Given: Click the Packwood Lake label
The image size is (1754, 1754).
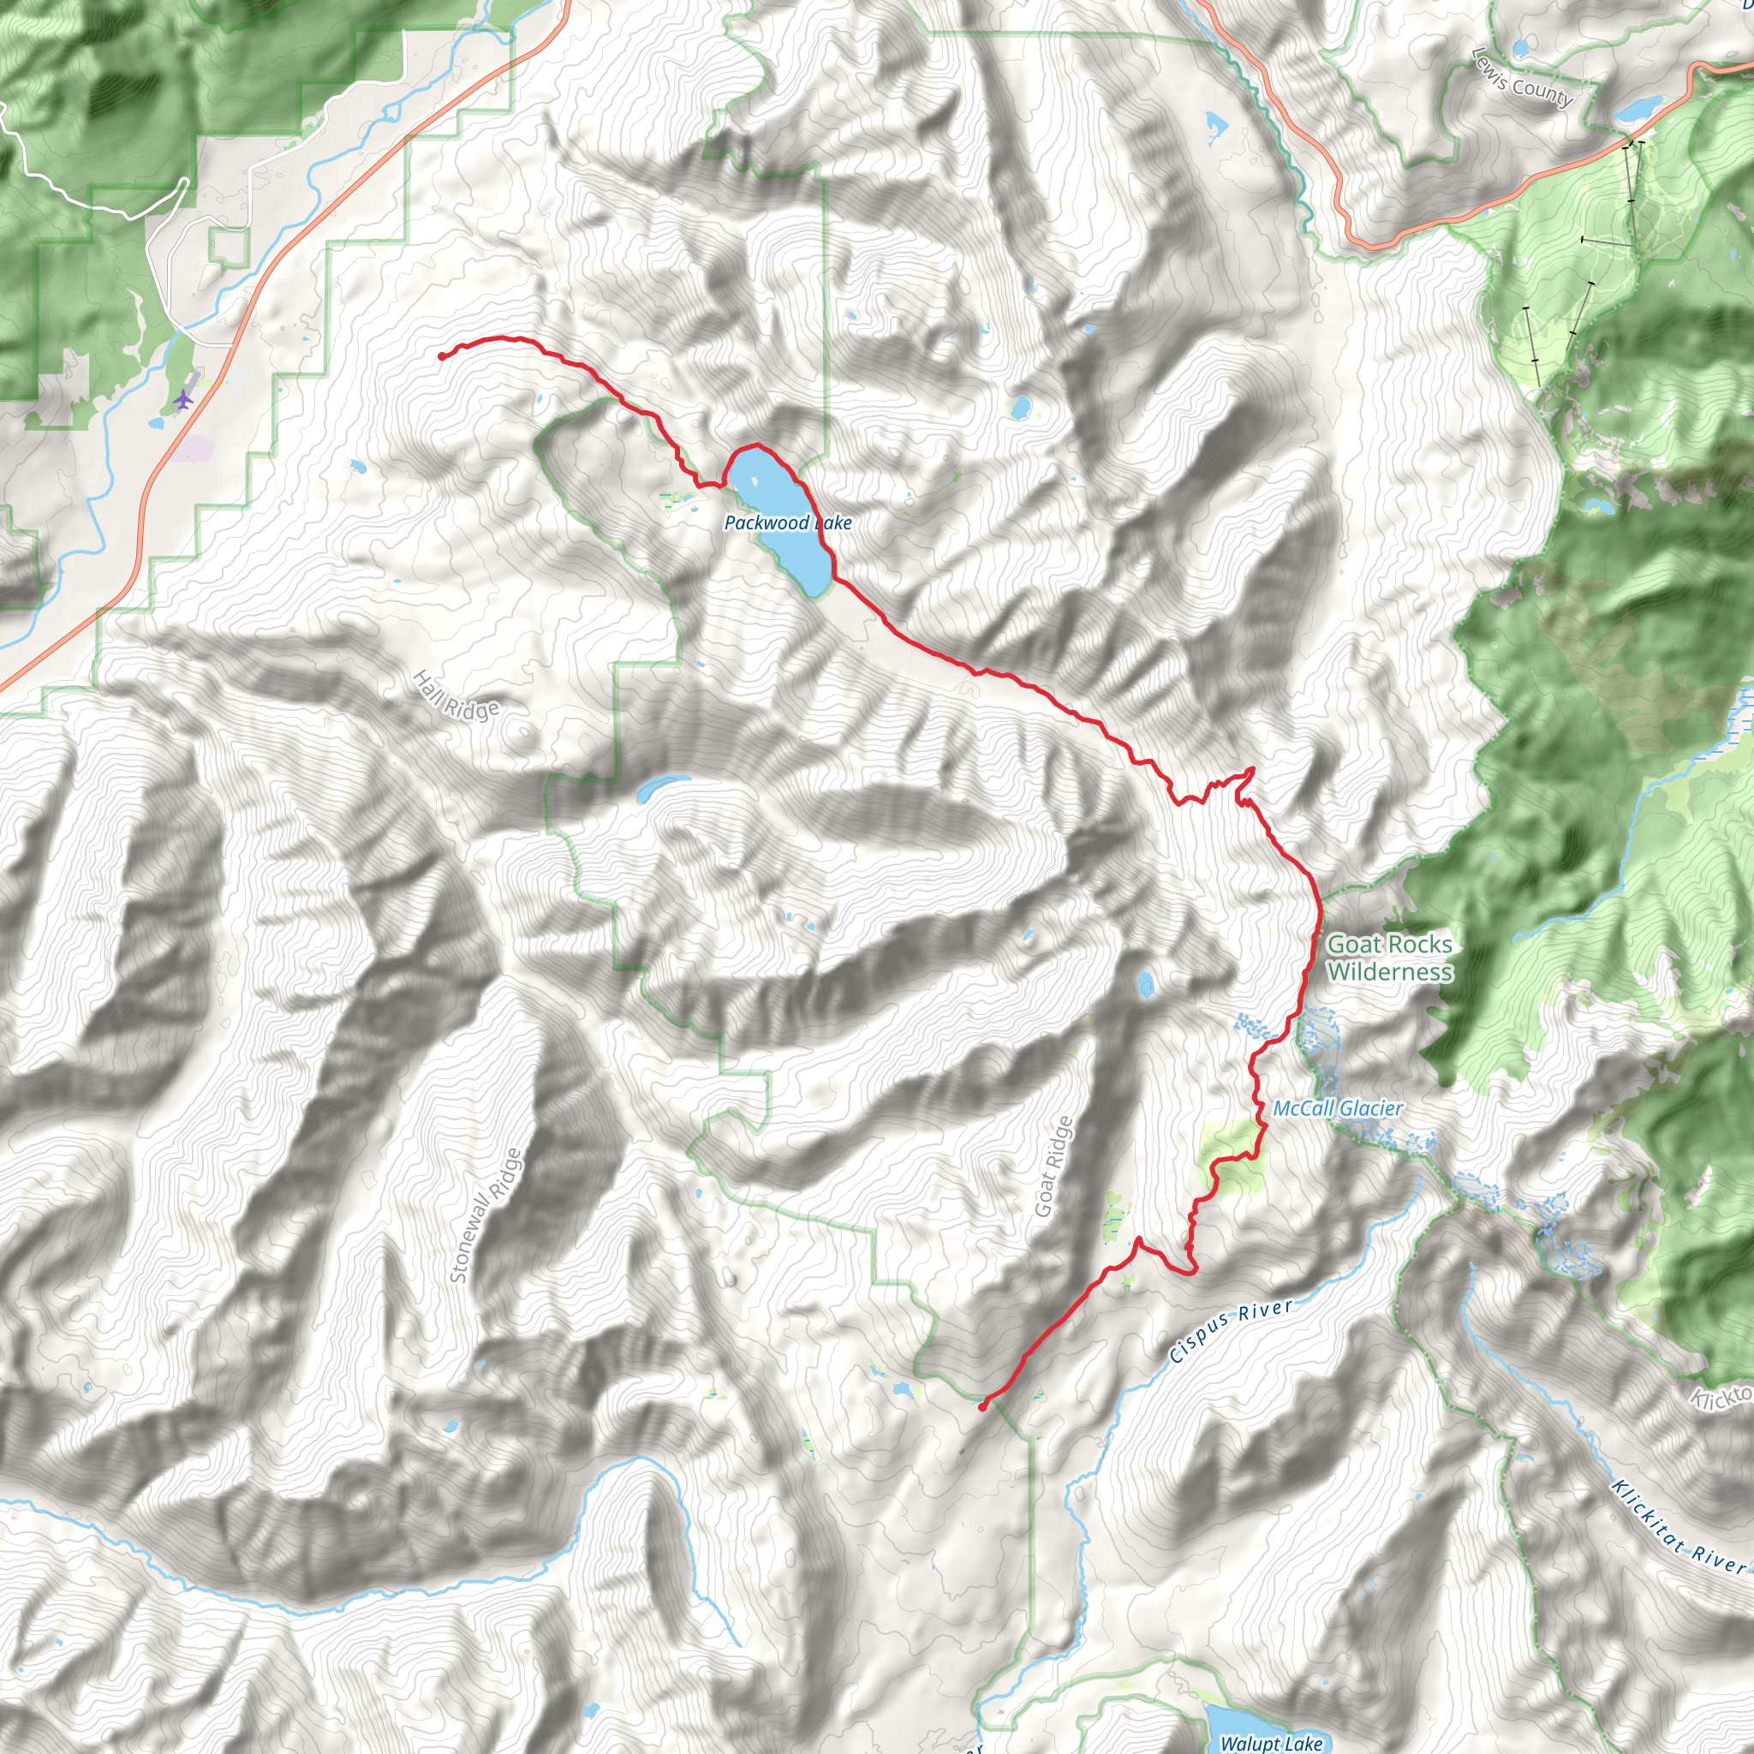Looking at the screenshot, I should (x=787, y=523).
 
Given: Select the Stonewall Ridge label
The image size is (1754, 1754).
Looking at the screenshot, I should (x=486, y=1215).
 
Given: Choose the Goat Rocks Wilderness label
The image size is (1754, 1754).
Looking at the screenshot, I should (x=1389, y=958).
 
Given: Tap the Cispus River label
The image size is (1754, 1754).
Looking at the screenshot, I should (x=1230, y=1331).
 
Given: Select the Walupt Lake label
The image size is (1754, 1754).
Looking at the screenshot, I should (x=1271, y=1743).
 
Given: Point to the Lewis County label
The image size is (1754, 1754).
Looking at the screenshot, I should (x=1521, y=77).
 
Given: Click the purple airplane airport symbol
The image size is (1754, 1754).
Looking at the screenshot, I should (x=183, y=398).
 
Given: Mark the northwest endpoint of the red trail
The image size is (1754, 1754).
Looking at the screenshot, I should (x=441, y=357).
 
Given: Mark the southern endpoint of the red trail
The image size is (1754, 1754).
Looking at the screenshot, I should (x=982, y=1407).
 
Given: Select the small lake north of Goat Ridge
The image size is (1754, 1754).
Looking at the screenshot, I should (x=1146, y=983).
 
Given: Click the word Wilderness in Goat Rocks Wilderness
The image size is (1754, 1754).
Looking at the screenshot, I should (x=1389, y=972).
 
